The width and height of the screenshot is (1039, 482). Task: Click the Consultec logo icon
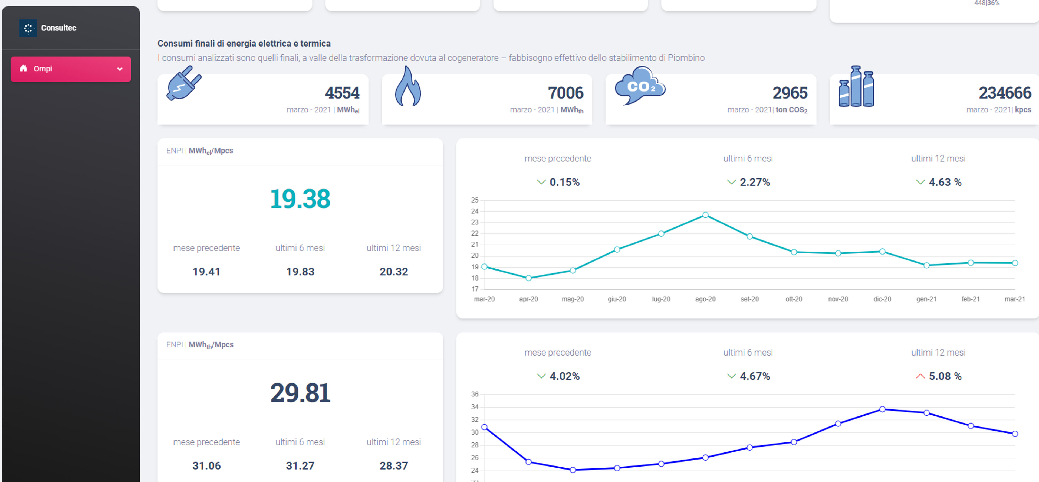[x=28, y=28]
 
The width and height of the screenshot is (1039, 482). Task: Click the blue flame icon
[x=408, y=86]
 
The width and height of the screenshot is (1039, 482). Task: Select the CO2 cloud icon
[x=640, y=85]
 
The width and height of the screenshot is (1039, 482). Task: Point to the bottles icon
[x=856, y=86]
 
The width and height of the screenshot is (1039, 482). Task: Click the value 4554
[x=342, y=93]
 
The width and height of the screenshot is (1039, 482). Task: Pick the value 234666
[x=1005, y=93]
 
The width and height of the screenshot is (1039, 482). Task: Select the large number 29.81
[x=300, y=393]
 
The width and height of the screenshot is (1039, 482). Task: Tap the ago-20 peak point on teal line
[x=705, y=215]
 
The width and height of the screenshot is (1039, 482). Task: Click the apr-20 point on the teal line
[x=528, y=278]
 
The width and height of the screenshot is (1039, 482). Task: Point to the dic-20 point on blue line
[x=882, y=409]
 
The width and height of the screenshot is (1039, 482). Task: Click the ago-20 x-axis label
[x=705, y=299]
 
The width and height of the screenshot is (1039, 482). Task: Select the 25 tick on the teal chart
[x=475, y=200]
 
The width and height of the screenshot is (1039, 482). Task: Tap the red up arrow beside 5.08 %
[x=920, y=376]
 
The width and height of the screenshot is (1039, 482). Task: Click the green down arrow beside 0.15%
[x=541, y=182]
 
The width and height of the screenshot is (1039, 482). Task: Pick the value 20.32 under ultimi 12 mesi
[x=394, y=272]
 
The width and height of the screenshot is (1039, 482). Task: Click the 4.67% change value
[x=755, y=376]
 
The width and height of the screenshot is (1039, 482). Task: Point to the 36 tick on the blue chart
[x=475, y=394]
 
